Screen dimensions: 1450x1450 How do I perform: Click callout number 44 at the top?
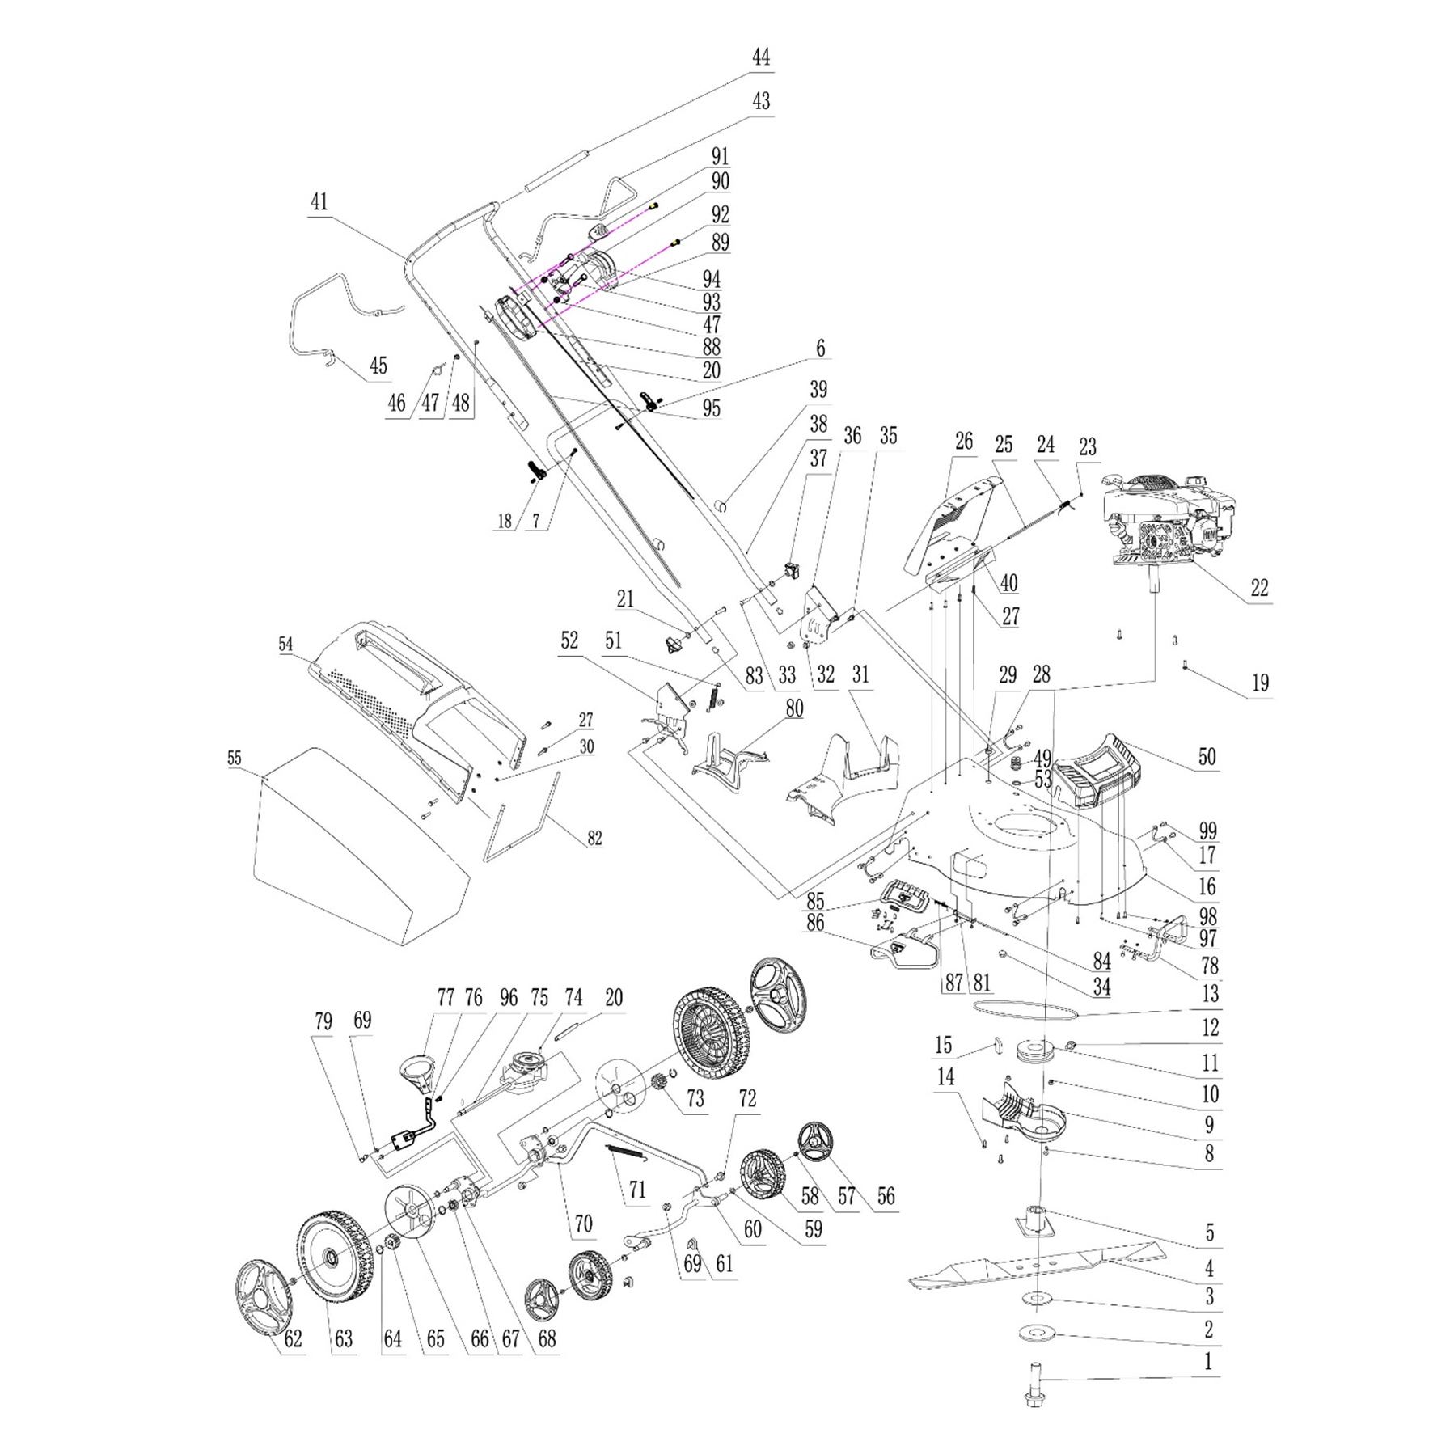pos(760,57)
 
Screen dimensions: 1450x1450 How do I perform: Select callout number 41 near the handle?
pos(320,201)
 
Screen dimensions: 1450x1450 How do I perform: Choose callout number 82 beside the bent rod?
pos(594,839)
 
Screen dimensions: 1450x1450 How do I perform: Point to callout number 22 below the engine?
pos(1259,587)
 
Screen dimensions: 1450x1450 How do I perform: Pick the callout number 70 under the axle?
pos(583,1223)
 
